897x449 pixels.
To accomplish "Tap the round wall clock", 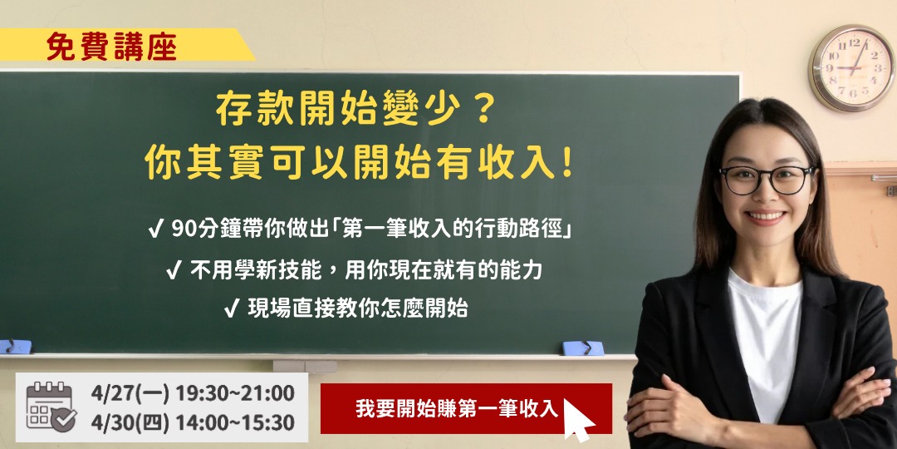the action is click(x=852, y=68).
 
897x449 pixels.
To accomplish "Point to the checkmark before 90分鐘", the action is click(x=155, y=230).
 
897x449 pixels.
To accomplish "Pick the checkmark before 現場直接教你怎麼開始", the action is click(x=232, y=309).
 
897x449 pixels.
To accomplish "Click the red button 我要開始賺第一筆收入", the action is click(x=466, y=408).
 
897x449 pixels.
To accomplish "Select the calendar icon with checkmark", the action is click(x=51, y=407).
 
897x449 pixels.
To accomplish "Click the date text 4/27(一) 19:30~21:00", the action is click(x=193, y=394).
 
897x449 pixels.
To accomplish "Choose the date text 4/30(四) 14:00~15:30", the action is click(x=193, y=422).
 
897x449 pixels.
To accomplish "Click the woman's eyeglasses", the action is click(x=767, y=180).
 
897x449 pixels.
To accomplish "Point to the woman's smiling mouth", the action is click(x=766, y=217).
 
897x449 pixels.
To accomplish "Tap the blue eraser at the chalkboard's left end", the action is click(x=16, y=346).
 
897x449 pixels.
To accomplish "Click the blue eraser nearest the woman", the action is click(x=583, y=348).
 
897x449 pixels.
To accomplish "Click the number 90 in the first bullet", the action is click(x=183, y=229).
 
